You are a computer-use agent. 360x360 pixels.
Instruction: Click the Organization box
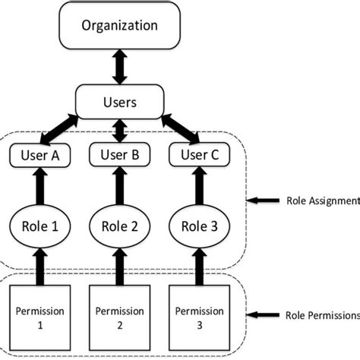coord(120,25)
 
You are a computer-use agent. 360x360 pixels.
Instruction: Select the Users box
coord(120,102)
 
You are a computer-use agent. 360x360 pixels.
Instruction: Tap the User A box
coord(40,155)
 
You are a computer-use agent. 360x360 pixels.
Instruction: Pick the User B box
coord(120,155)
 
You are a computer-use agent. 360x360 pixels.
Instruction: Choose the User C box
coord(200,155)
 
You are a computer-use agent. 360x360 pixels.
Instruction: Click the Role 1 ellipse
coord(40,226)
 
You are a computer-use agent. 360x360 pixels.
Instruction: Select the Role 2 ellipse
coord(120,226)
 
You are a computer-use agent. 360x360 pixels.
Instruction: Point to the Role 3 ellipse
coord(200,226)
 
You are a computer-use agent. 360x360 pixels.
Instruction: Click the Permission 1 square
coord(40,317)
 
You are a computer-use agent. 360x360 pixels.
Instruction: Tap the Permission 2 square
coord(120,317)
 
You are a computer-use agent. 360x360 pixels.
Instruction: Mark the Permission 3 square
coord(200,317)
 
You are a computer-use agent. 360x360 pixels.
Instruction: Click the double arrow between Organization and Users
coord(120,67)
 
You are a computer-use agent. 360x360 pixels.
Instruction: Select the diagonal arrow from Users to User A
coord(59,130)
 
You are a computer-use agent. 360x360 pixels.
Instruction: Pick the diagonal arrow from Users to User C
coord(181,129)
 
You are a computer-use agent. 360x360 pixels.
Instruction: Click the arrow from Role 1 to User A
coord(40,186)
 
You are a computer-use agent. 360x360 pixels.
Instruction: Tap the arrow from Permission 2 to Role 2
coord(120,267)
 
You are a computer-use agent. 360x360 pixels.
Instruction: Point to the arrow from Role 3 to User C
coord(200,186)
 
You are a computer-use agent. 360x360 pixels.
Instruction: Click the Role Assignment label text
coord(324,201)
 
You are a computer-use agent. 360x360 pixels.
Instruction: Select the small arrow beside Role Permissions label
coord(263,315)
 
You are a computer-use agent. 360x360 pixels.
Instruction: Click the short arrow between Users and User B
coord(120,131)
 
